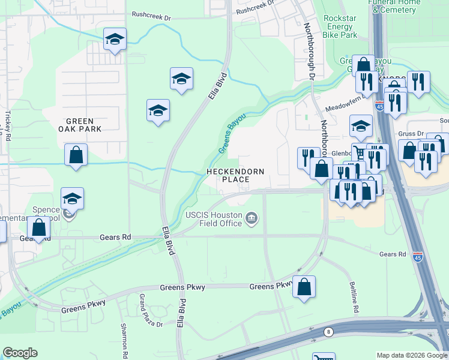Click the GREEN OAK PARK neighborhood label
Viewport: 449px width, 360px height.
point(79,124)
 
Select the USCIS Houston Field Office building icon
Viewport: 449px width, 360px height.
point(252,218)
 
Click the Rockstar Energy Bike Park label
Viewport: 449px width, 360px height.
point(340,26)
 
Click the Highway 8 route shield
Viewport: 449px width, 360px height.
point(328,331)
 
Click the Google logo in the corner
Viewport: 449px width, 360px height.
point(20,352)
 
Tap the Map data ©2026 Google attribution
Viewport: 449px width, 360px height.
point(411,355)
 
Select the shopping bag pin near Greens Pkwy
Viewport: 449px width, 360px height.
point(304,287)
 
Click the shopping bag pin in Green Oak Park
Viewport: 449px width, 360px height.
point(76,155)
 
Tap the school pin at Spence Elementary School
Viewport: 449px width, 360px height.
point(72,199)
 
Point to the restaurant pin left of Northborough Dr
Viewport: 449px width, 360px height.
point(309,158)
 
